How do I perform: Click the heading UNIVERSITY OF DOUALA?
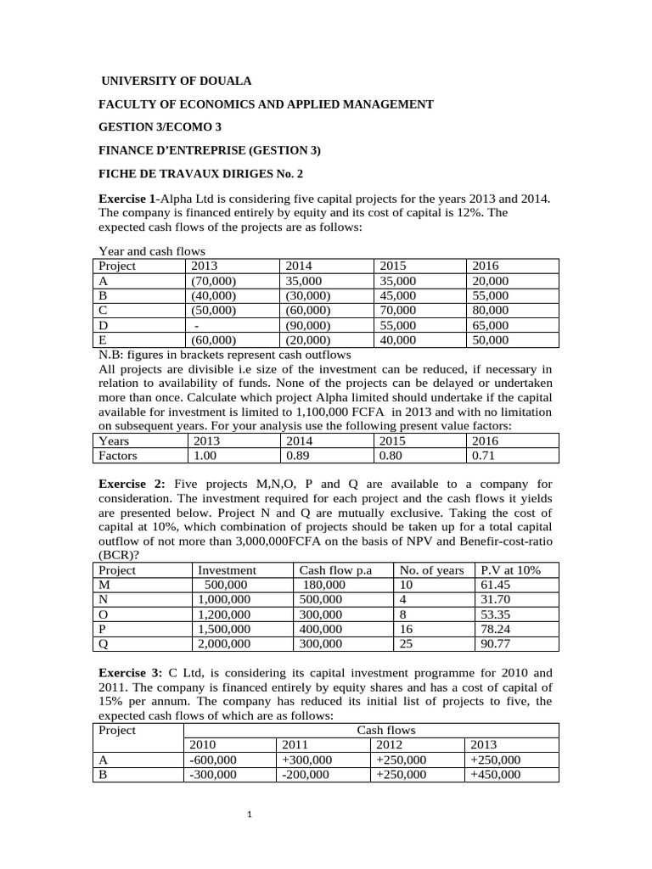(177, 81)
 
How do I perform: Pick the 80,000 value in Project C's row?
(490, 311)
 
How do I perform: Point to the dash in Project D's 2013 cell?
(197, 326)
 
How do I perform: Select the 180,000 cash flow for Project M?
(324, 586)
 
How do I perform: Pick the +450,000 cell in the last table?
(495, 775)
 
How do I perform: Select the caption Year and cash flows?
(152, 251)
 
